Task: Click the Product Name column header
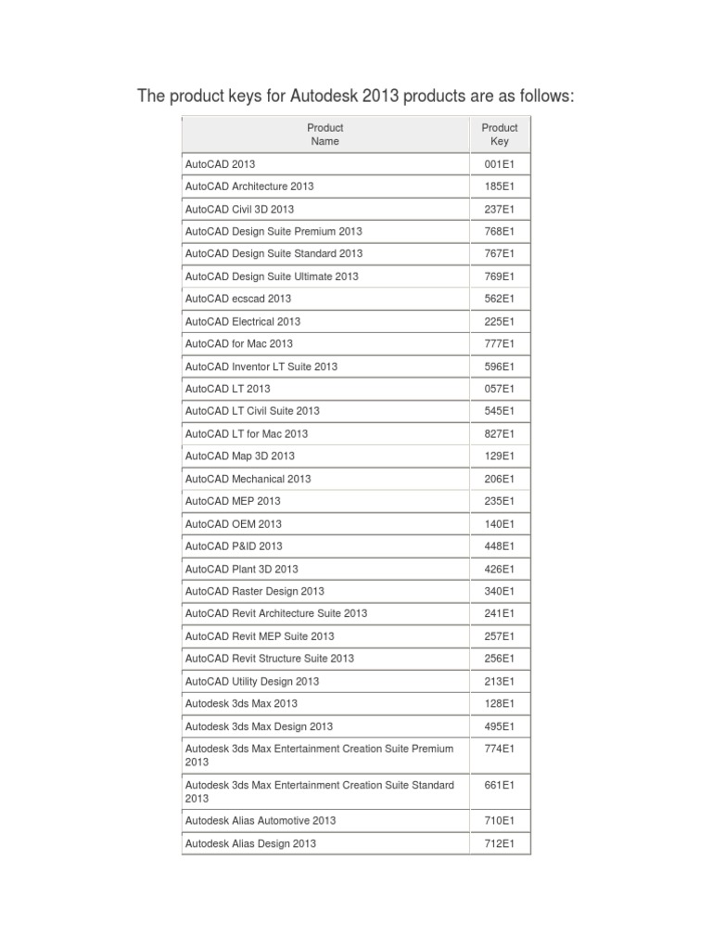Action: pos(324,135)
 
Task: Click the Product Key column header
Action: pos(500,135)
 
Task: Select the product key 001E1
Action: pos(500,164)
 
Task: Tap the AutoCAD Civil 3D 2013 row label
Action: pos(239,209)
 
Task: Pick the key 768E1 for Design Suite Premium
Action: pos(500,231)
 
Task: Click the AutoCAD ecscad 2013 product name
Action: pos(238,299)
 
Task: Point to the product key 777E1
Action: pos(500,343)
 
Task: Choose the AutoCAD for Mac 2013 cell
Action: pos(239,343)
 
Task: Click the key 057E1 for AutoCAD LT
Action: pos(500,389)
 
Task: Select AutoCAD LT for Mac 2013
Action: pos(247,433)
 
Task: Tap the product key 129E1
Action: pos(500,456)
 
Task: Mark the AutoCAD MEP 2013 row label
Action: pos(233,501)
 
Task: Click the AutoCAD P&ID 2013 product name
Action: pos(234,546)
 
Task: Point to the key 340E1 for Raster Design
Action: pos(500,591)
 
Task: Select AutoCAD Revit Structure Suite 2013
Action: pos(270,659)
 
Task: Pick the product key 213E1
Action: pos(500,681)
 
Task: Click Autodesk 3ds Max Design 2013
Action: pos(259,726)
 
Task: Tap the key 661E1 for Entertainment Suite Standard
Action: pos(500,785)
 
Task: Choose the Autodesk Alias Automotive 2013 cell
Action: pos(261,820)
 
